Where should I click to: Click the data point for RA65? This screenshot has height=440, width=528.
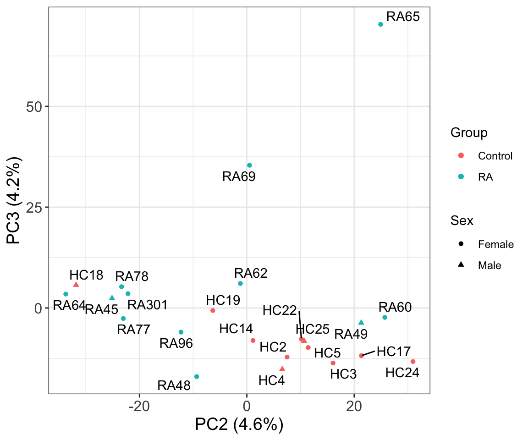pyautogui.click(x=380, y=24)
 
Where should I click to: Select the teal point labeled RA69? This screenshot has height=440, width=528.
pyautogui.click(x=249, y=165)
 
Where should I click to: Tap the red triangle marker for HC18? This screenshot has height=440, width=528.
pyautogui.click(x=76, y=285)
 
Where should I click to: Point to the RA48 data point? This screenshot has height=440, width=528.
pyautogui.click(x=197, y=377)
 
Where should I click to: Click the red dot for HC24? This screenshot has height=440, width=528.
pyautogui.click(x=413, y=362)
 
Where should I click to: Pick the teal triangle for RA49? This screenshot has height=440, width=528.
pyautogui.click(x=361, y=322)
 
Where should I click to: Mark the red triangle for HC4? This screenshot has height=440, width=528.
pyautogui.click(x=282, y=368)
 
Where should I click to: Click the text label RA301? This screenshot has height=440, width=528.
pyautogui.click(x=147, y=305)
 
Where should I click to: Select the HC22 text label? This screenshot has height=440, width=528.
pyautogui.click(x=280, y=310)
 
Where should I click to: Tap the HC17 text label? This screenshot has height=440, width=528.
pyautogui.click(x=394, y=352)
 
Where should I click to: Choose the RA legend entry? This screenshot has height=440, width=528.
pyautogui.click(x=485, y=177)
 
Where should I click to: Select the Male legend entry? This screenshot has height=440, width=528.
pyautogui.click(x=489, y=265)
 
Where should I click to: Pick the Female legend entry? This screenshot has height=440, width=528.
pyautogui.click(x=495, y=244)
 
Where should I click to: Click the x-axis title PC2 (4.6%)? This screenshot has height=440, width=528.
pyautogui.click(x=239, y=425)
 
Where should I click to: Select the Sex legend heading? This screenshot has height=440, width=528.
pyautogui.click(x=462, y=220)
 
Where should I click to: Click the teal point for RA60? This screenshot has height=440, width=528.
pyautogui.click(x=385, y=318)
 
